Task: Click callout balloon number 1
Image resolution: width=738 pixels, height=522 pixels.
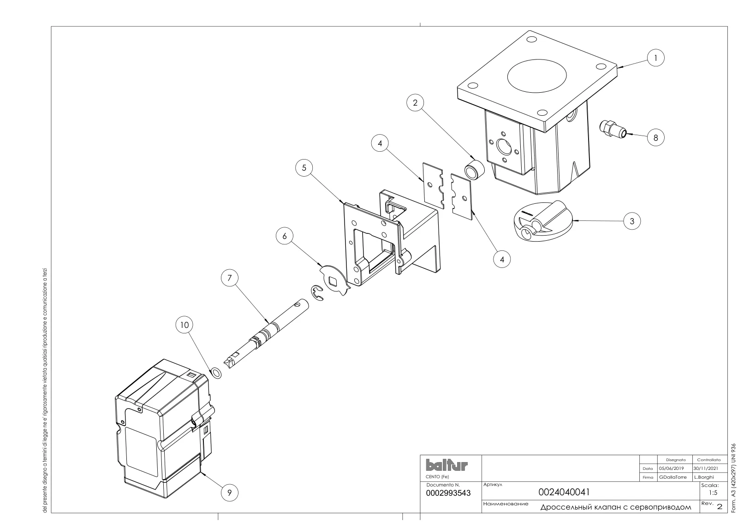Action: (655, 58)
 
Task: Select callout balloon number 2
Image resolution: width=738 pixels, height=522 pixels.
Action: (415, 103)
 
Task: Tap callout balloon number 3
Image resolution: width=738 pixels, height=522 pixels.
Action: (632, 221)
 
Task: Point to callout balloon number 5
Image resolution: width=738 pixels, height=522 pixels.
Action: (304, 168)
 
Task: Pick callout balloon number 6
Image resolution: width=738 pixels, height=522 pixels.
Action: (285, 236)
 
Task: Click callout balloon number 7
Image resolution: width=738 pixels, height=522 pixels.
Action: (230, 278)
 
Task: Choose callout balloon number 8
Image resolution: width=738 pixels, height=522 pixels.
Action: (655, 138)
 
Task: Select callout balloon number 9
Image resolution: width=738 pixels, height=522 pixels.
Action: (229, 492)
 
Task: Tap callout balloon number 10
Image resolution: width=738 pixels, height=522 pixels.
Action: (184, 325)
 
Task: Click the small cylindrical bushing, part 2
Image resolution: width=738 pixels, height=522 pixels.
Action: (474, 170)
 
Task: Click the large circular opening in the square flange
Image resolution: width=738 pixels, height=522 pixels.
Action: (537, 76)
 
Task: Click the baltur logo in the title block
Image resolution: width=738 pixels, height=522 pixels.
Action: (446, 465)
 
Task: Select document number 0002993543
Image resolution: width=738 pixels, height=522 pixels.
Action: (448, 493)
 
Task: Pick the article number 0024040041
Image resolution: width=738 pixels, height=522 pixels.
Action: (564, 492)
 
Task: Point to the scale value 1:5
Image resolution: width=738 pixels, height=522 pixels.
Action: (713, 493)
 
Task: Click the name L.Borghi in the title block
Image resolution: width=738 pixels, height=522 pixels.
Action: (704, 477)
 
